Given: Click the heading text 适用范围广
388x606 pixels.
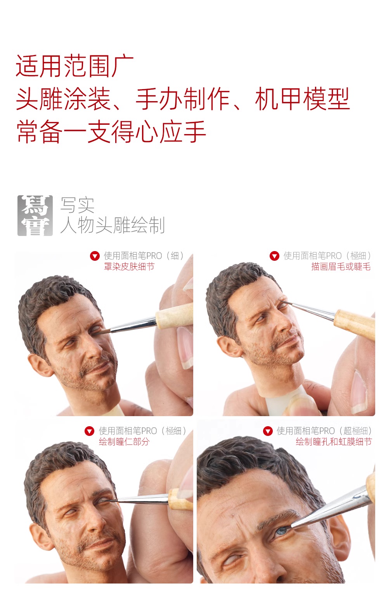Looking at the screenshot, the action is pos(74,66).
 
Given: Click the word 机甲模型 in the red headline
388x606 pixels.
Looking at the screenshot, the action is pos(302,99).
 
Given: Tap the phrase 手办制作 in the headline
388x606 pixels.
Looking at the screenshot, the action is pos(183,99).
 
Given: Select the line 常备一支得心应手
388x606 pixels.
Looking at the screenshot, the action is pos(111,132).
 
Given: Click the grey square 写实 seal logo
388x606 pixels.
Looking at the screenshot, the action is pos(35,215).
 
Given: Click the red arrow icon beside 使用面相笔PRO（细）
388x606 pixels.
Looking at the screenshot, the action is pos(95,256).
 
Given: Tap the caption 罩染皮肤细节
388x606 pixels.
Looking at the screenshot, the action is pos(129,267).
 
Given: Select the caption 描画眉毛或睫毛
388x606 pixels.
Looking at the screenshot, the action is pos(341,267).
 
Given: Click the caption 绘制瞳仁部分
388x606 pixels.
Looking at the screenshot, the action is pos(124,442).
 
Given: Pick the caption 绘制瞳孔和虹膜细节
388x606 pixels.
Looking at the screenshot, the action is pos(334,442).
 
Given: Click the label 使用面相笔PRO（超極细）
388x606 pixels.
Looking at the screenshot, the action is pos(324,431).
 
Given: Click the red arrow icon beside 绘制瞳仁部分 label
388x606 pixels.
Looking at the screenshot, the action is pos(89,431).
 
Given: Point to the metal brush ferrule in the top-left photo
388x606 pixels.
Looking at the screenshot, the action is pos(133,325).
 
